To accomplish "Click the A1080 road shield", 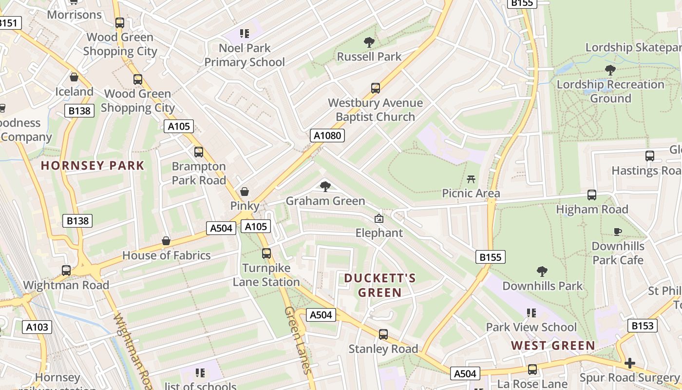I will click(327, 136).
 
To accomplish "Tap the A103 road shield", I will click(37, 327).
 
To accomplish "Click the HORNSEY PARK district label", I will click(93, 166).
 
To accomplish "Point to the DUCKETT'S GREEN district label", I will click(380, 285).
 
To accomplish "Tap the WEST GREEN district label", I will click(553, 346).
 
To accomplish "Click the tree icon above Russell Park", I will click(369, 42).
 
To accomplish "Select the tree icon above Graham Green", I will click(325, 186).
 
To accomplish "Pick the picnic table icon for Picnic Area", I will click(471, 179).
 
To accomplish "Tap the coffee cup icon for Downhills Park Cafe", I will click(618, 232).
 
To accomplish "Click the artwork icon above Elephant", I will click(379, 219).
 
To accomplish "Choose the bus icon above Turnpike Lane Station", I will click(266, 253).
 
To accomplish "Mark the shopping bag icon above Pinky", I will click(245, 192).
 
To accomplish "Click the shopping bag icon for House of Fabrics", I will click(166, 241).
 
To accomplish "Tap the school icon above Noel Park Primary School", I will click(245, 34).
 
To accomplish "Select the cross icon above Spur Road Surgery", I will click(629, 363).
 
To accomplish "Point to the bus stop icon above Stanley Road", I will click(383, 334).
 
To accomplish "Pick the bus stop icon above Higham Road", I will click(592, 195).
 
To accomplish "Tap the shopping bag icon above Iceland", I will click(74, 77).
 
